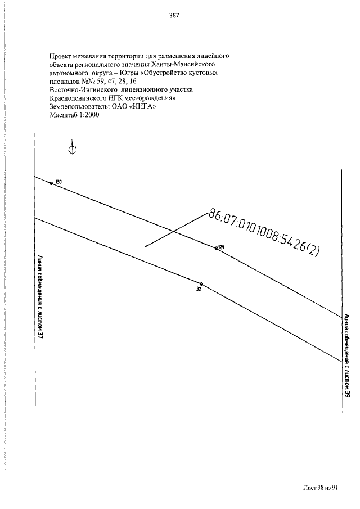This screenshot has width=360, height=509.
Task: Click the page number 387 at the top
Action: click(x=174, y=15)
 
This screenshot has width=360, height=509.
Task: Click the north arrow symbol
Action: click(x=73, y=148)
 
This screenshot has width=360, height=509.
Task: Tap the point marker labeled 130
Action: click(x=51, y=183)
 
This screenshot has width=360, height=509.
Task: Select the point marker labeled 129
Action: click(x=217, y=249)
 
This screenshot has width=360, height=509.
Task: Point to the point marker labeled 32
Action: click(x=201, y=283)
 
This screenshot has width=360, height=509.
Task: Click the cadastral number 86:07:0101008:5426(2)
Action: click(x=264, y=233)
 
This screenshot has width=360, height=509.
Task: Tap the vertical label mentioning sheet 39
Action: click(x=347, y=355)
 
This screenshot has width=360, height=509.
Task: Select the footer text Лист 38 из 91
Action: click(x=321, y=488)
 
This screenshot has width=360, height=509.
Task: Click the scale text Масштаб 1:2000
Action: click(x=74, y=115)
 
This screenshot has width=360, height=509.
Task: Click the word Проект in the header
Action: click(x=60, y=56)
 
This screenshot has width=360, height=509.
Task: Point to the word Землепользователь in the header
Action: click(x=79, y=106)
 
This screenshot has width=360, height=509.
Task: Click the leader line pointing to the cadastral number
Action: click(x=176, y=230)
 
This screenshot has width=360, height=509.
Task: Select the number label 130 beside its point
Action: click(x=58, y=182)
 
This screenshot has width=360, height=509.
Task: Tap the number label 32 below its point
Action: click(x=199, y=289)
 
